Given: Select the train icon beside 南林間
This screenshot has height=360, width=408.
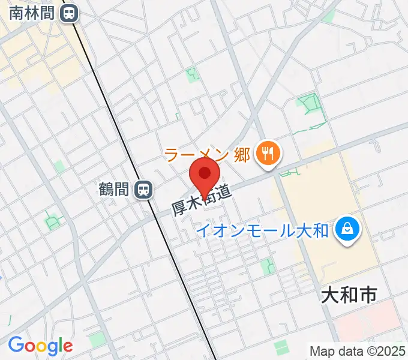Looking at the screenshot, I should pyautogui.click(x=70, y=13).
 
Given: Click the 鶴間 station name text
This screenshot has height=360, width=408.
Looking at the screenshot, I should pyautogui.click(x=114, y=190).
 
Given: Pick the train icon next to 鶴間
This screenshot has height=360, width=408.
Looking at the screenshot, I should pyautogui.click(x=143, y=190).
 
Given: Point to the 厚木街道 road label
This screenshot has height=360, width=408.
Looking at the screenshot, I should pyautogui.click(x=202, y=200).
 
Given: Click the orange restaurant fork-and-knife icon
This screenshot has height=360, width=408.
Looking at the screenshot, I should pyautogui.click(x=265, y=154).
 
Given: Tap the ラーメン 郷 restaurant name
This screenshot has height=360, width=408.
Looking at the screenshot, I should pyautogui.click(x=206, y=154).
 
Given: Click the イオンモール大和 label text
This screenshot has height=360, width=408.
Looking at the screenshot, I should pyautogui.click(x=263, y=230).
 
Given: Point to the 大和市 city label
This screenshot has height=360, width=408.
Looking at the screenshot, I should pyautogui.click(x=349, y=295).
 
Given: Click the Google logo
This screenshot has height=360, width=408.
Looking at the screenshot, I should pyautogui.click(x=40, y=346).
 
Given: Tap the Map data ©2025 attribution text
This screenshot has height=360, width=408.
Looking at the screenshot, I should pyautogui.click(x=358, y=350).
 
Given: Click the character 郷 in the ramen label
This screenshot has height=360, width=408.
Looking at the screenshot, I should pyautogui.click(x=241, y=154).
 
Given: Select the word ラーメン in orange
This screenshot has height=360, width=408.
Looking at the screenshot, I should pyautogui.click(x=196, y=154).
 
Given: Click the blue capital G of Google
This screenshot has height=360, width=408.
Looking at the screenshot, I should pyautogui.click(x=15, y=345).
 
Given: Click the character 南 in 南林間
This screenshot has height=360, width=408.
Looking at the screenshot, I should pyautogui.click(x=17, y=13).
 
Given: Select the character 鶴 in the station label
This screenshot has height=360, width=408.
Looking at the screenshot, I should pyautogui.click(x=106, y=190).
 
